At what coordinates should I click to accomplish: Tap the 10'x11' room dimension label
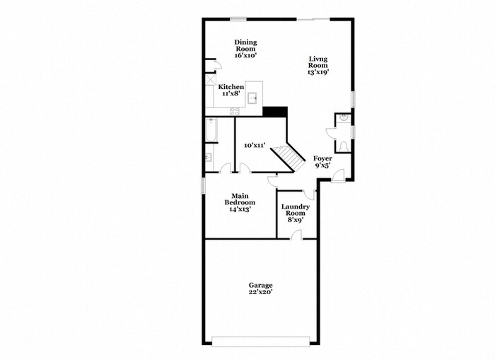click(x=254, y=145)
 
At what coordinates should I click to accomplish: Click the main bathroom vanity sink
click(x=209, y=157)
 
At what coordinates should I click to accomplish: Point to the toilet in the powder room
click(x=344, y=144)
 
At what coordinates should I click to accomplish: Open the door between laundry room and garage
click(x=298, y=235)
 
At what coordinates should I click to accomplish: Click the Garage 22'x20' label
click(x=260, y=289)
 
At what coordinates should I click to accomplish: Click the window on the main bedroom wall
click(x=204, y=184)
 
